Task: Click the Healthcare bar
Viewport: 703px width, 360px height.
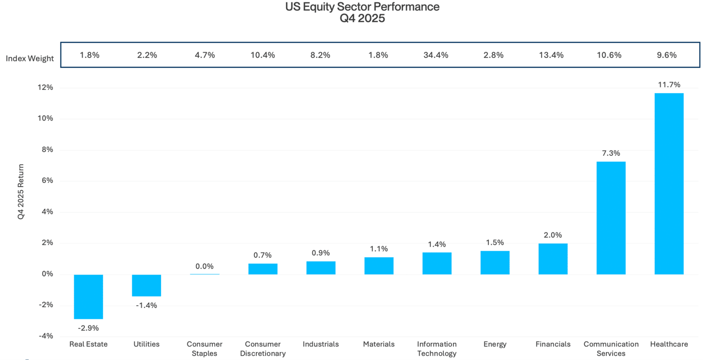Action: point(669,184)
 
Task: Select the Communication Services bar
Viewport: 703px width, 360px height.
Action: point(611,218)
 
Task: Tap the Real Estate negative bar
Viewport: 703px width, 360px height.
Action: point(88,296)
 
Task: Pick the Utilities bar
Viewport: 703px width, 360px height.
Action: point(146,285)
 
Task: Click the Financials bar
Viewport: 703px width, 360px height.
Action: point(553,259)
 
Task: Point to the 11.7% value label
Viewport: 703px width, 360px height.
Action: point(669,85)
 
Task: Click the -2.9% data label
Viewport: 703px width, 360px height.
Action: point(88,328)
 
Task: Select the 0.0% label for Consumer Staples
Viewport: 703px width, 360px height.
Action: point(205,266)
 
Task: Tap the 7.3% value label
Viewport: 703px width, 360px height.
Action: point(611,153)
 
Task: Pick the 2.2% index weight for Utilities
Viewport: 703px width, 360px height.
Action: point(147,55)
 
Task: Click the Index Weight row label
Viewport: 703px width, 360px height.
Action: point(30,59)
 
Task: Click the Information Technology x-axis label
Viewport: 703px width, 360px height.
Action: point(437,349)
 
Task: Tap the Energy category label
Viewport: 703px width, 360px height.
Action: point(495,344)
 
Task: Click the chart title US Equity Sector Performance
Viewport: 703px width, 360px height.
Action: point(362,7)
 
